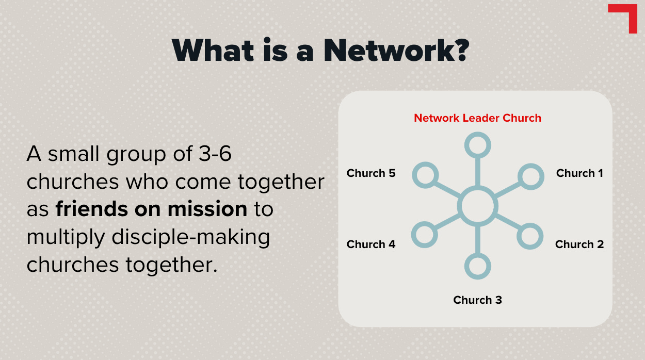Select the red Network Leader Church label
[477, 118]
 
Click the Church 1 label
[579, 173]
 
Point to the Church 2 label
[579, 244]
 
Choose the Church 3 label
[477, 300]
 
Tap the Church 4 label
[371, 244]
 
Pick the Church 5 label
[371, 173]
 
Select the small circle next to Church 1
[530, 176]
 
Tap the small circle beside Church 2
[530, 237]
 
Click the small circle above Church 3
[477, 267]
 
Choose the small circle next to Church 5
[425, 176]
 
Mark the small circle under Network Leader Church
[477, 145]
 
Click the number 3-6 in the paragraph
[212, 154]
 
